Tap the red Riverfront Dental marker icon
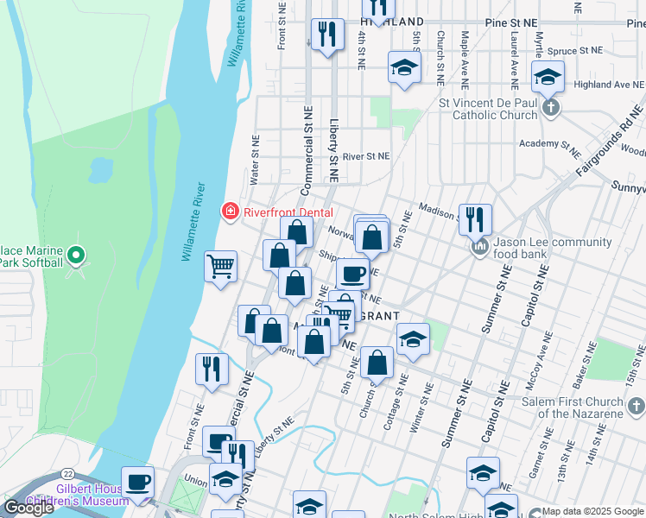click(x=230, y=210)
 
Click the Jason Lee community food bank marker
click(x=480, y=248)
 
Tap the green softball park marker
click(x=76, y=255)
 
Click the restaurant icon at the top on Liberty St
click(x=326, y=35)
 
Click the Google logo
click(x=28, y=508)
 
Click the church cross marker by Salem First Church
click(x=636, y=406)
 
